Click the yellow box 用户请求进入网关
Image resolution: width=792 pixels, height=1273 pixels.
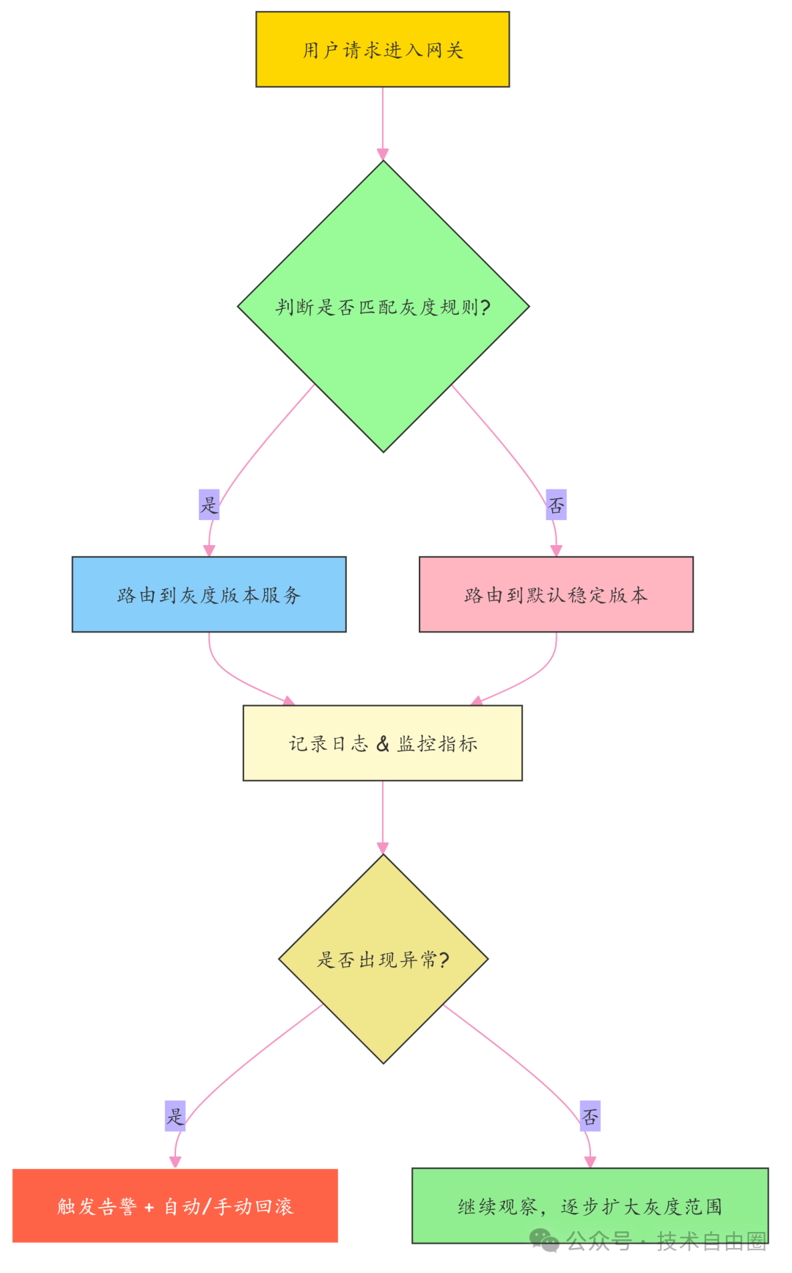pyautogui.click(x=382, y=49)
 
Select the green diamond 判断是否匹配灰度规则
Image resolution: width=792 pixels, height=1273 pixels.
pyautogui.click(x=383, y=306)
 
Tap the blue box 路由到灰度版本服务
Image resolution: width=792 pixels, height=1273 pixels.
pyautogui.click(x=209, y=594)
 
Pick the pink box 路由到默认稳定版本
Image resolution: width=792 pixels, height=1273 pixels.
pyautogui.click(x=556, y=594)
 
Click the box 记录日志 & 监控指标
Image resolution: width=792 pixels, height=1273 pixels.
pyautogui.click(x=382, y=743)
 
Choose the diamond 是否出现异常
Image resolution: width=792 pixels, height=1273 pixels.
pyautogui.click(x=383, y=959)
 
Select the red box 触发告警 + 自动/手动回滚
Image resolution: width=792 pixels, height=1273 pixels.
pyautogui.click(x=175, y=1205)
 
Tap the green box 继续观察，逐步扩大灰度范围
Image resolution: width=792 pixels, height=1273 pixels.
pyautogui.click(x=590, y=1205)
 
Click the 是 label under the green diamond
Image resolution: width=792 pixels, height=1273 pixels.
pyautogui.click(x=209, y=505)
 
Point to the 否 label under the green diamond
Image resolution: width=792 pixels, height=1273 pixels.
pyautogui.click(x=556, y=505)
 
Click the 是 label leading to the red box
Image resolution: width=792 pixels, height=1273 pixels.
pyautogui.click(x=175, y=1116)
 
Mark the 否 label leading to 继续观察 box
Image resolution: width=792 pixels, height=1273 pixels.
pyautogui.click(x=590, y=1116)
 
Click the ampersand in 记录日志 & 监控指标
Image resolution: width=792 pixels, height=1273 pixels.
pyautogui.click(x=383, y=744)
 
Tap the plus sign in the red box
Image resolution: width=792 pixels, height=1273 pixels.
pyautogui.click(x=150, y=1208)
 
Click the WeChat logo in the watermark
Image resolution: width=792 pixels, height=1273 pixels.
pyautogui.click(x=544, y=1240)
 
